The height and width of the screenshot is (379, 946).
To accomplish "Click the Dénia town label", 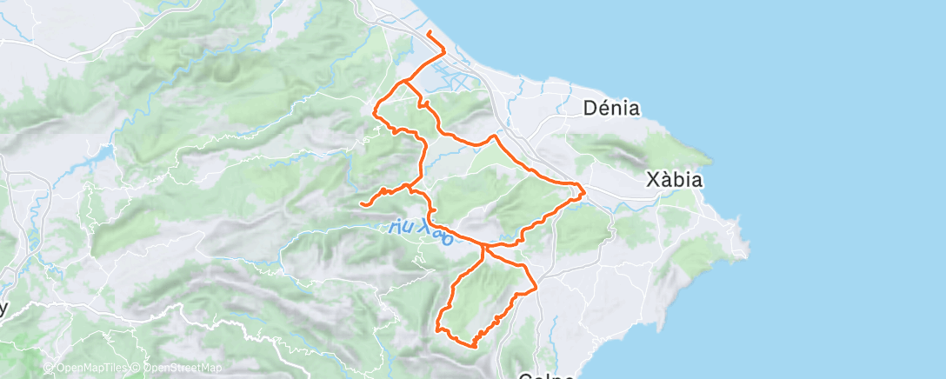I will [x=613, y=109].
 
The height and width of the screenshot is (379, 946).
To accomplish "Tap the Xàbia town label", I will [x=674, y=180].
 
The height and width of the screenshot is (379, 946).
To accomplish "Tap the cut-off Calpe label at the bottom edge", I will [x=548, y=376].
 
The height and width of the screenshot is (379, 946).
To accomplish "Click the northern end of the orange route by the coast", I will [x=429, y=33].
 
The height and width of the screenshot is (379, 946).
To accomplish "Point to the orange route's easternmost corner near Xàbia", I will [x=584, y=191].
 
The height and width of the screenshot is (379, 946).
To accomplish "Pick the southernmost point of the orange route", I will [x=474, y=345].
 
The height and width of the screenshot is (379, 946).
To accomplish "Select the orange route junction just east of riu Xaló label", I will [x=483, y=247].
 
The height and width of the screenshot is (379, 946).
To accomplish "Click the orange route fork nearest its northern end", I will [x=405, y=83].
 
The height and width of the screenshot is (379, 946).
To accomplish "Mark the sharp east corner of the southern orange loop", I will [x=536, y=286].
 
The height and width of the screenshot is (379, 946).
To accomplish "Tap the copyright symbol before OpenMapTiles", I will [x=49, y=369].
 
